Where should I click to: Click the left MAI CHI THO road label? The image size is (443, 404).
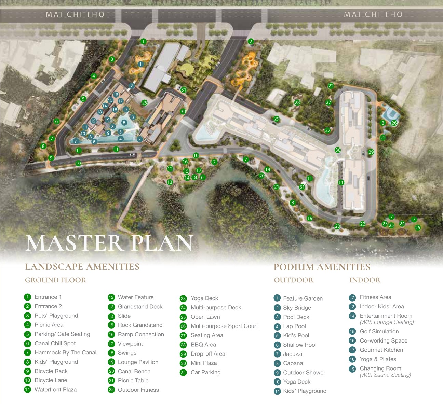[x=75, y=14]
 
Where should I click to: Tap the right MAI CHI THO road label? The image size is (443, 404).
[x=373, y=14]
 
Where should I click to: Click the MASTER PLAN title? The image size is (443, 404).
[x=109, y=243]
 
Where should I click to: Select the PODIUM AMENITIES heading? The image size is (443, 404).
[x=322, y=267]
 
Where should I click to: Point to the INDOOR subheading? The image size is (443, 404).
[x=365, y=280]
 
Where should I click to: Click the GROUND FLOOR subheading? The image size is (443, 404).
[x=55, y=280]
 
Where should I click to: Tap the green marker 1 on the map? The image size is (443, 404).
[x=143, y=42]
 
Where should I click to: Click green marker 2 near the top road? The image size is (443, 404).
[x=251, y=42]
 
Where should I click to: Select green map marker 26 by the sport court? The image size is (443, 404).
[x=394, y=123]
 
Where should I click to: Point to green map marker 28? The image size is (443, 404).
[x=297, y=102]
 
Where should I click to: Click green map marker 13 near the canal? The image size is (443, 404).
[x=170, y=182]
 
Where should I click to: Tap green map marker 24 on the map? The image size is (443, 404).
[x=402, y=224]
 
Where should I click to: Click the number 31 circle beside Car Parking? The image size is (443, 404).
[x=183, y=373]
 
